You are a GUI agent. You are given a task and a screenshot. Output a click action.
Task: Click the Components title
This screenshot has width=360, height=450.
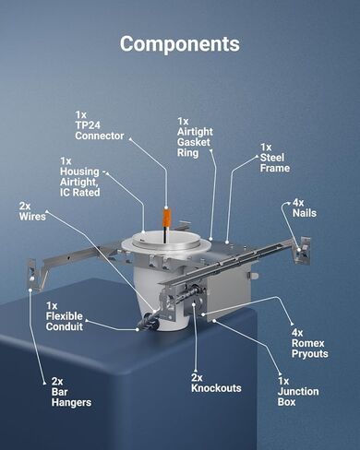(180, 44)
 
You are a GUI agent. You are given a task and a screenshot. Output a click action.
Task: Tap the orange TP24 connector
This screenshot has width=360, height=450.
(166, 218)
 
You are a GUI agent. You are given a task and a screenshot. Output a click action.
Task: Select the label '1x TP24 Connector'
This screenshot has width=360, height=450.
(100, 125)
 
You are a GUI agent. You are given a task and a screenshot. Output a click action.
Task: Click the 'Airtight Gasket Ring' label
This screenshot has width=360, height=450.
(195, 137)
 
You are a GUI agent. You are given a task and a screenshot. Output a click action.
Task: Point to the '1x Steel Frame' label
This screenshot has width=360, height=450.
(275, 158)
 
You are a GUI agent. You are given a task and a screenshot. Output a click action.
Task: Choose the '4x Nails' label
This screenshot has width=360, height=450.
(304, 207)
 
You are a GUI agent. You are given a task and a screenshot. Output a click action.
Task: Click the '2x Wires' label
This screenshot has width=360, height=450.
(32, 211)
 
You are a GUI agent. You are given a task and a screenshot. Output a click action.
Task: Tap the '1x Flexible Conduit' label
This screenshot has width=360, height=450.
(65, 316)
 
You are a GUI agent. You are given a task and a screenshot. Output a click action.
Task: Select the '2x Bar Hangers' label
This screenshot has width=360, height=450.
(71, 392)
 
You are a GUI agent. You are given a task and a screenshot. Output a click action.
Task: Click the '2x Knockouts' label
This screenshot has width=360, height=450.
(216, 383)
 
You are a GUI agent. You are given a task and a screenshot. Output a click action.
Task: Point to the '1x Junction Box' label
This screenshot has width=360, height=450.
(298, 391)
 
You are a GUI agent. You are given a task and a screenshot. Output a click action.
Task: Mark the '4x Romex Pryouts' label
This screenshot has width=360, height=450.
(309, 343)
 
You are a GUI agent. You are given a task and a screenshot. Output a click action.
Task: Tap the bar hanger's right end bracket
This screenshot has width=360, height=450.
(302, 250)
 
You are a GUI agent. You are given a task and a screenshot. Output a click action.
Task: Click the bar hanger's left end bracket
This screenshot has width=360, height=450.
(33, 274)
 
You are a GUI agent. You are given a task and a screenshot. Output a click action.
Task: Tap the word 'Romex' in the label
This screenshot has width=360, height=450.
(307, 343)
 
